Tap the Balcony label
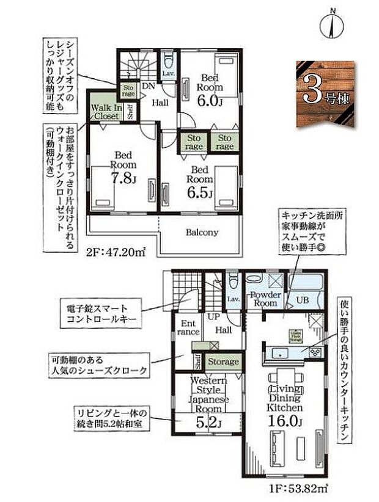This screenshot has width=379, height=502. pyautogui.click(x=202, y=233)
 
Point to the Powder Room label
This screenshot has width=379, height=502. pyautogui.click(x=265, y=299)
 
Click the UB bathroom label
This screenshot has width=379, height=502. pyautogui.click(x=303, y=299)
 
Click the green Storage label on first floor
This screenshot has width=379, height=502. pyautogui.click(x=222, y=362)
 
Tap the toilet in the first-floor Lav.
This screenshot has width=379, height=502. pyautogui.click(x=232, y=284)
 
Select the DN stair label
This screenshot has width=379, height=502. pyautogui.click(x=148, y=87)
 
